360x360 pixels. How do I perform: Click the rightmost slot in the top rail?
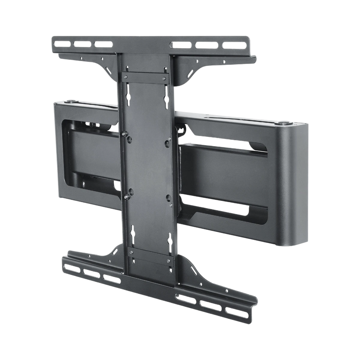(234, 45)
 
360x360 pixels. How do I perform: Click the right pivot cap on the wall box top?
(284, 123)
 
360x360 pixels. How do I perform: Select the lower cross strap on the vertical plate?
(150, 256)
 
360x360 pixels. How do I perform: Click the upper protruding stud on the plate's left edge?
(124, 134)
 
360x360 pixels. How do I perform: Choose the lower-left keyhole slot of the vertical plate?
(133, 231)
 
